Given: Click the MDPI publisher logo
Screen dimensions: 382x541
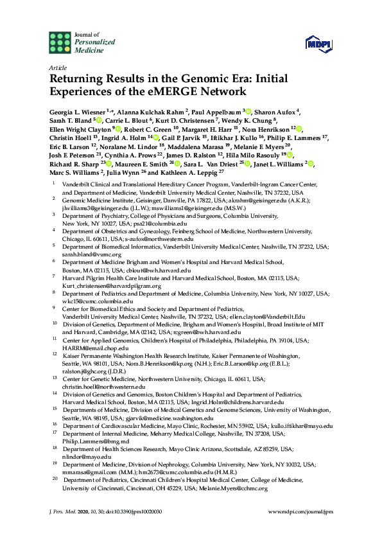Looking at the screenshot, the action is point(319,43).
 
